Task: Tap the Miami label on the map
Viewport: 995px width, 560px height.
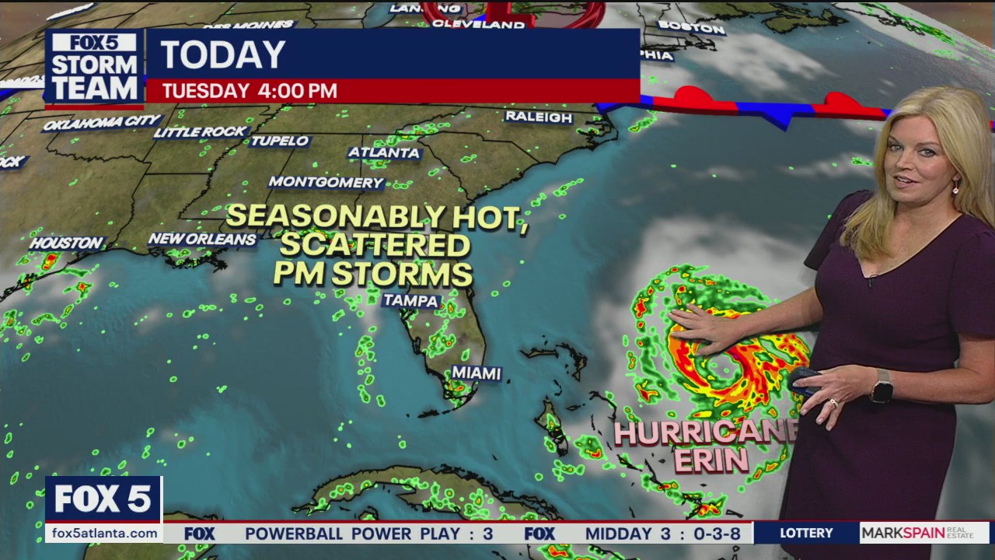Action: [476, 373]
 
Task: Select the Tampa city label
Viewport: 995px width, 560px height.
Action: [411, 301]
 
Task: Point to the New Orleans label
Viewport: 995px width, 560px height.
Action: [202, 239]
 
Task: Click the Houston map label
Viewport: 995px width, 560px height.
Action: [67, 243]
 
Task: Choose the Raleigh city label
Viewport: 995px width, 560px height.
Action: [539, 117]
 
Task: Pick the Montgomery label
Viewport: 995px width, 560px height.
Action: [326, 182]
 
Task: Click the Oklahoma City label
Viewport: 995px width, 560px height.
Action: [102, 123]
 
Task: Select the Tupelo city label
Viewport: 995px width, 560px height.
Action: [279, 141]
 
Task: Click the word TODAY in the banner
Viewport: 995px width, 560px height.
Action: [223, 54]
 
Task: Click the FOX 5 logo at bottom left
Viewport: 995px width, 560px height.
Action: [103, 499]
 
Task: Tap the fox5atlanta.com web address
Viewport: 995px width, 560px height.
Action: [102, 533]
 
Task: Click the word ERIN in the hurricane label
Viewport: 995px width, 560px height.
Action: [711, 460]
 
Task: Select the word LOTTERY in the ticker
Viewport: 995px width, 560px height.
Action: [806, 533]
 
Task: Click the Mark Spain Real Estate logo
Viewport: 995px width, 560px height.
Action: [923, 533]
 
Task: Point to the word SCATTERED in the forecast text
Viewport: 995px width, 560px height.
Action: [375, 245]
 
